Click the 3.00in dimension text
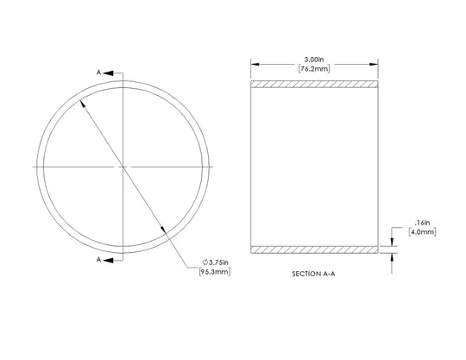coord(314,60)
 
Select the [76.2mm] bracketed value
coord(314,69)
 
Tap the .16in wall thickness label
coord(422,223)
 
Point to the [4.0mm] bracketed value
coord(422,232)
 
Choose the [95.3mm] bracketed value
coord(215,272)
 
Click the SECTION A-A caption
coord(313,274)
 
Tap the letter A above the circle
coord(98,73)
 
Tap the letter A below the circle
coord(98,260)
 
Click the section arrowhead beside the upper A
coord(108,73)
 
